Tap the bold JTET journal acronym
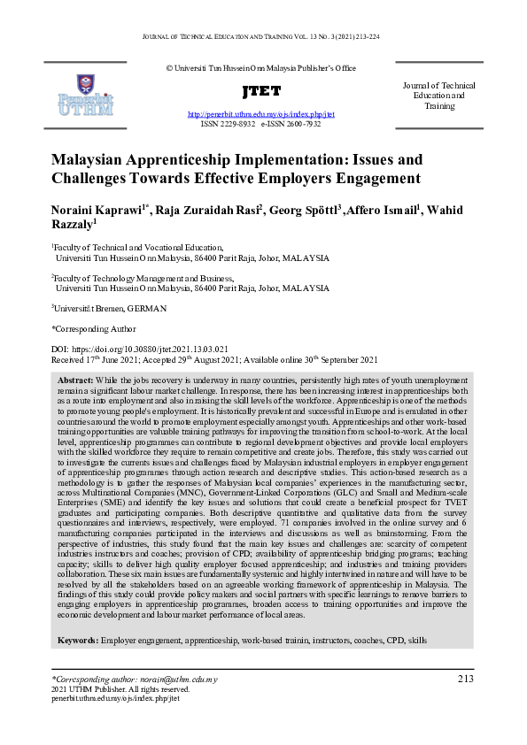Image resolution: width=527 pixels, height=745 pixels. coord(260,91)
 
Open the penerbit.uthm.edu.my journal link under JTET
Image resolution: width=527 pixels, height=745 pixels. coord(260,115)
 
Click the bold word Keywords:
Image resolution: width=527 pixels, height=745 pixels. coord(78,639)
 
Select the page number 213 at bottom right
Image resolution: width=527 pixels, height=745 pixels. coord(466,679)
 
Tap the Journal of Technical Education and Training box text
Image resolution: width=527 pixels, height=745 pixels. coord(438,96)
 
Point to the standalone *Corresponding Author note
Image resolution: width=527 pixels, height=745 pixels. coord(89,328)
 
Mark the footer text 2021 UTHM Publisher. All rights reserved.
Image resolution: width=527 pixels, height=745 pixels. coord(120,688)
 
